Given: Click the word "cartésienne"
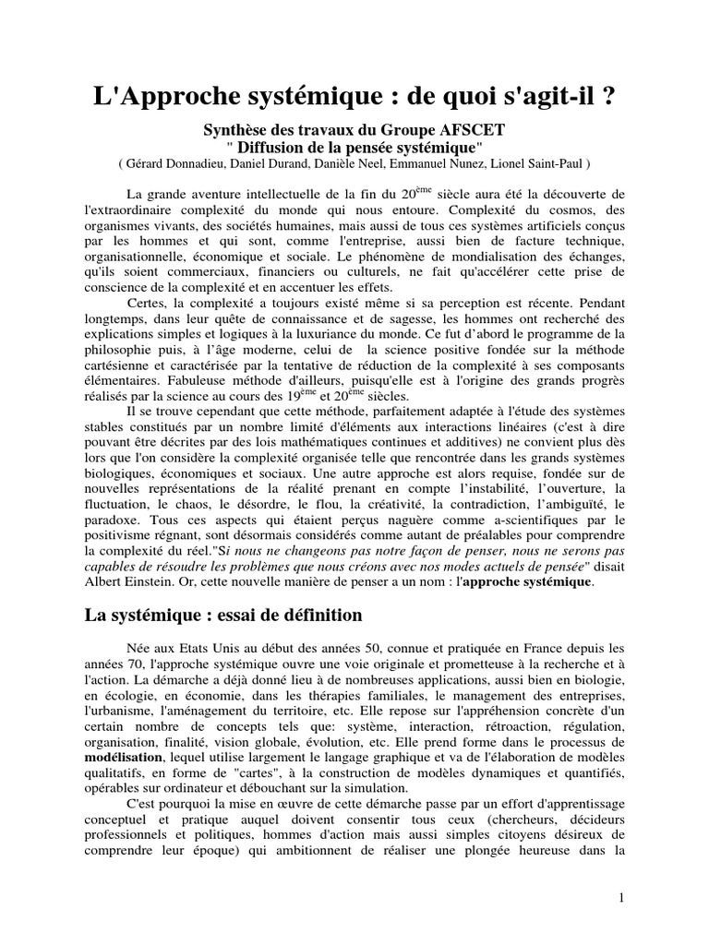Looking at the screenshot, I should tap(114, 367).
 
